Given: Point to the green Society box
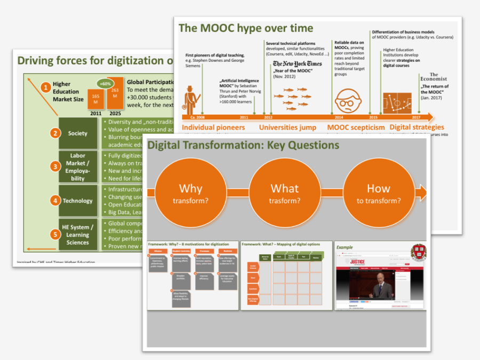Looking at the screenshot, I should (78, 133).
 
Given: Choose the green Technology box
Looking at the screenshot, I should (78, 201).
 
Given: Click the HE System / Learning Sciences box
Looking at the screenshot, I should (78, 235).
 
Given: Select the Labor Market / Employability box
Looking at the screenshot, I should (78, 167).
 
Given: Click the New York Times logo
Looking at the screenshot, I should (297, 64).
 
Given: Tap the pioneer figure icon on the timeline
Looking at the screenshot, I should (191, 99).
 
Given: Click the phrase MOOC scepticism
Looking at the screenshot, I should (356, 127).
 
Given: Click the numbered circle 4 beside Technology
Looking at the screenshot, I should (55, 201).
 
